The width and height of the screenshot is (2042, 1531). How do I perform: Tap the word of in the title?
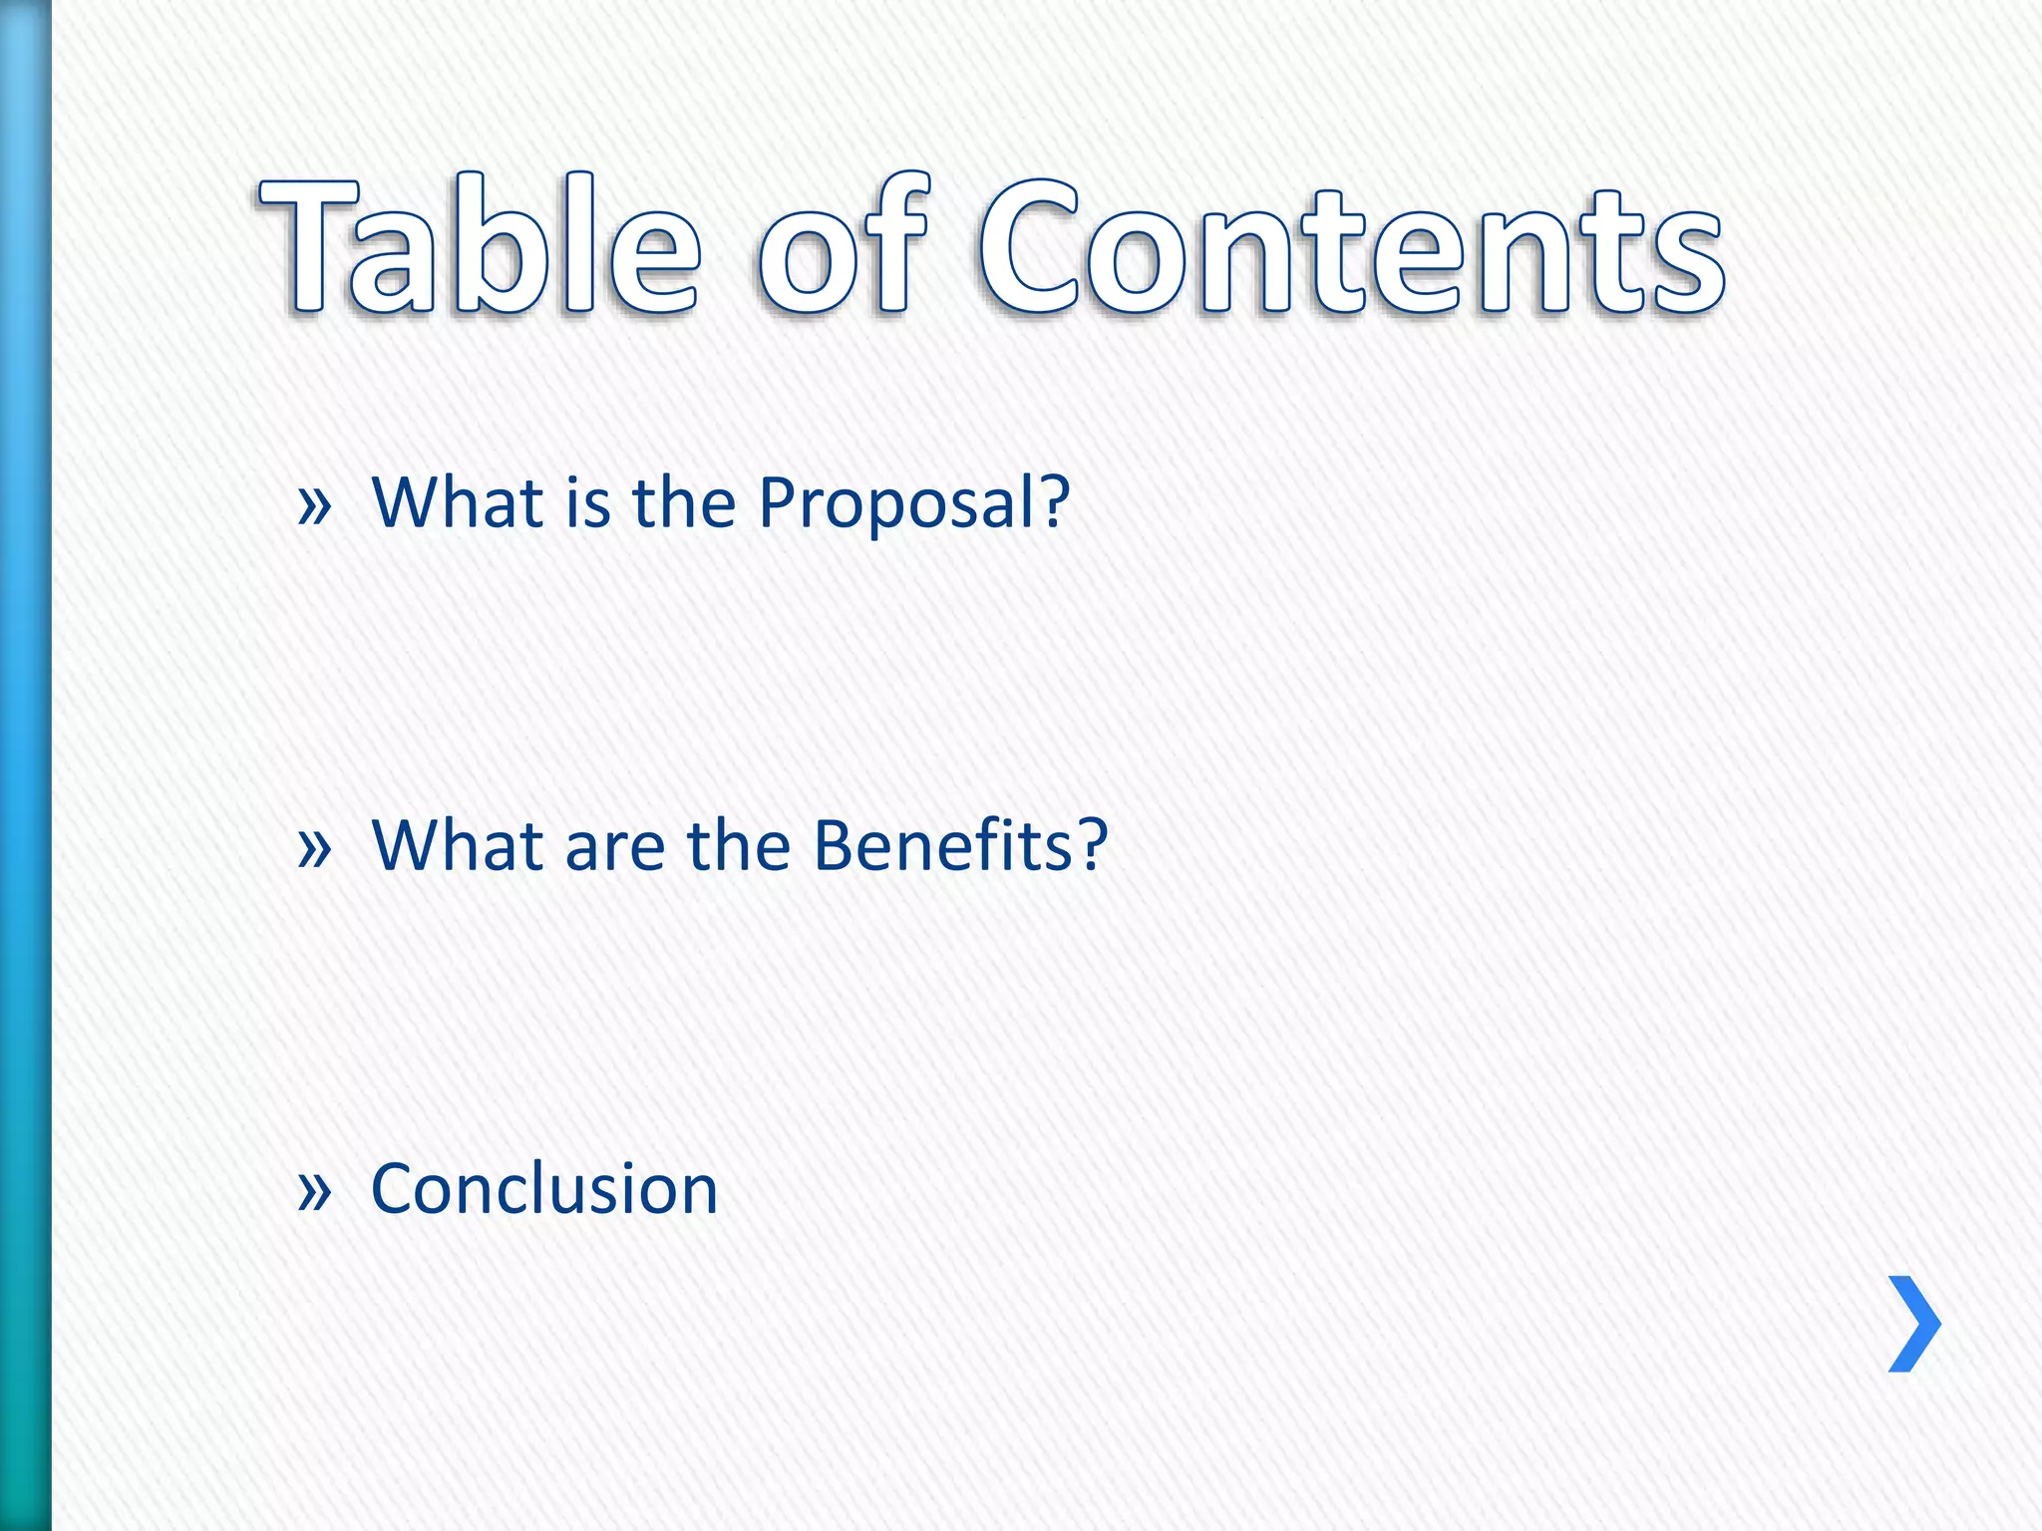click(844, 247)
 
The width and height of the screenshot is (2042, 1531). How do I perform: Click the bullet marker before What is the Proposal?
click(314, 504)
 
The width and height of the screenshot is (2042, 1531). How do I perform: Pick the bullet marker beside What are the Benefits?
click(314, 847)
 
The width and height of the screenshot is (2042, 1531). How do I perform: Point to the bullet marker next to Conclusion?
click(314, 1190)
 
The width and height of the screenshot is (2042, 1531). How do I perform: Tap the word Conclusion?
click(544, 1188)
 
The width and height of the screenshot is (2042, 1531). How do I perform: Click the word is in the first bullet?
click(587, 502)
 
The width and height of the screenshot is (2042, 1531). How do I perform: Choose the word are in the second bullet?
click(614, 849)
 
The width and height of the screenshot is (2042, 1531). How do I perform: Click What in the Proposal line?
click(457, 502)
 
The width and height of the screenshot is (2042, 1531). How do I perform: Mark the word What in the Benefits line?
click(457, 845)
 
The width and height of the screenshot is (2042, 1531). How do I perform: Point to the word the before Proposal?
click(683, 502)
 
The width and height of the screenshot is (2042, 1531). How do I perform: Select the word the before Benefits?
click(738, 845)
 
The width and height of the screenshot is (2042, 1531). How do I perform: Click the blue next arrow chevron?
click(1915, 1324)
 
